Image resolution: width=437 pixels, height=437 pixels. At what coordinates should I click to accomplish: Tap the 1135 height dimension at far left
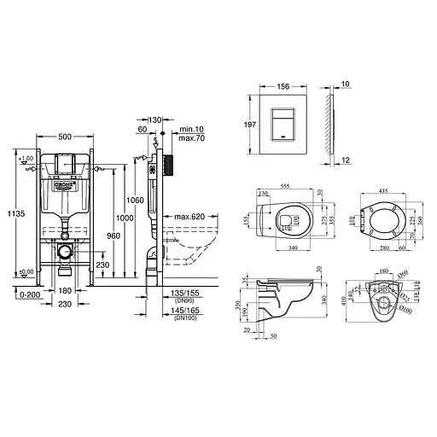point(9,214)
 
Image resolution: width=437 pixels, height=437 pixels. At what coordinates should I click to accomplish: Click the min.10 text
point(189,129)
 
